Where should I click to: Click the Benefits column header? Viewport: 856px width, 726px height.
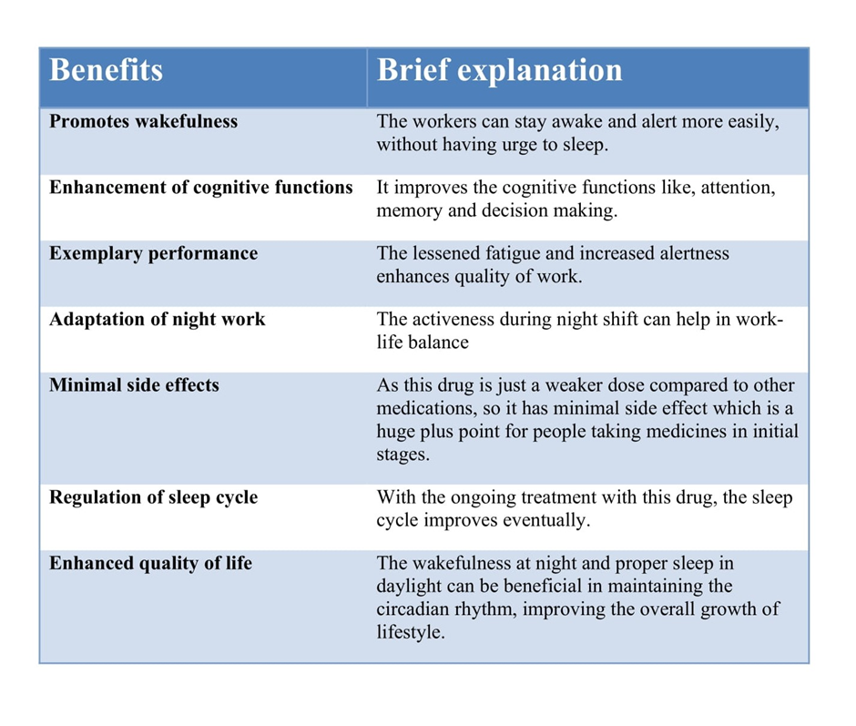tap(106, 70)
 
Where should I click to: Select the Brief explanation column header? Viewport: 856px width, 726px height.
tap(500, 71)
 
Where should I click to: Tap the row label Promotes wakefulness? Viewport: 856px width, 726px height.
tap(144, 121)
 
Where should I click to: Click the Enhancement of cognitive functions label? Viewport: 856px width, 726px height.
tap(201, 188)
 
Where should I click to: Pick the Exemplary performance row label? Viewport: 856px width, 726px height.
tap(153, 254)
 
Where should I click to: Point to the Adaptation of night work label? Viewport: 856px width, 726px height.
tap(158, 320)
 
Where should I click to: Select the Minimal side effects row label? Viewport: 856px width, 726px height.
tap(134, 385)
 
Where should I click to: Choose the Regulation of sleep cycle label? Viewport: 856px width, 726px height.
tap(153, 497)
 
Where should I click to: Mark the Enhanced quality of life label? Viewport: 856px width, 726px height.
tap(150, 563)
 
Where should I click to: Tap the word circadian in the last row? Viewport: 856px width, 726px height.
tap(413, 609)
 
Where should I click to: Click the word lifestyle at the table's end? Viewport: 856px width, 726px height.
tap(411, 632)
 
